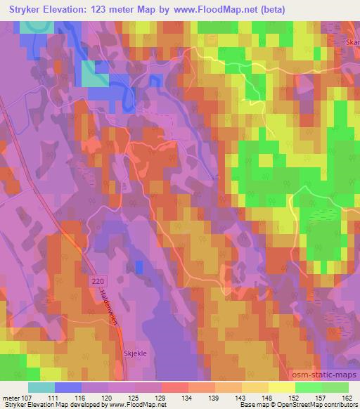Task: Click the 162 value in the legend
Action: [x=348, y=398]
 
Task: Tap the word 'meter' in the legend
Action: [x=10, y=398]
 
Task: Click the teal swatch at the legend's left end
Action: [x=41, y=387]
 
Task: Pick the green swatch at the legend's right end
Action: [x=335, y=387]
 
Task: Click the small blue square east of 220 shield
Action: [x=139, y=266]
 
